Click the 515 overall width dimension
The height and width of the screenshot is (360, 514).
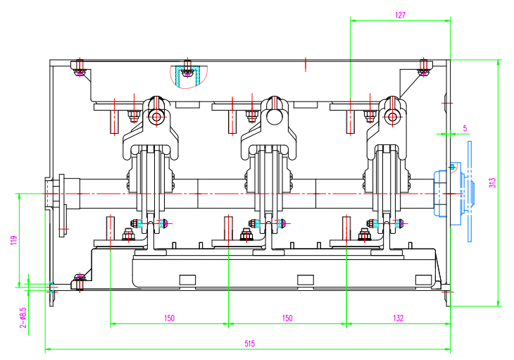click(249, 343)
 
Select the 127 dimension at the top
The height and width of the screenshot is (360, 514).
click(400, 14)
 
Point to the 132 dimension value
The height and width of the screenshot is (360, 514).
click(399, 318)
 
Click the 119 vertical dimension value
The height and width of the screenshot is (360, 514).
click(13, 240)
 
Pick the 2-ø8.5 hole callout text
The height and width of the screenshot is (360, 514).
click(23, 316)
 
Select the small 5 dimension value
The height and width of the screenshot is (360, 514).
click(465, 128)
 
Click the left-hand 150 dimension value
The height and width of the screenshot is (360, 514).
click(169, 318)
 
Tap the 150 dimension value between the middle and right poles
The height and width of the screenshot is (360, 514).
click(287, 318)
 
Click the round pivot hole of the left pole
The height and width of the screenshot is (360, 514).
click(156, 116)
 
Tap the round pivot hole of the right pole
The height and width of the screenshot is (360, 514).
click(392, 116)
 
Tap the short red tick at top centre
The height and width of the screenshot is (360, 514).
click(306, 64)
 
